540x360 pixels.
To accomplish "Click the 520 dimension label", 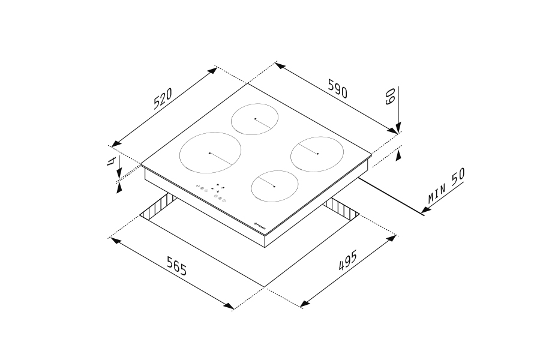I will [163, 98].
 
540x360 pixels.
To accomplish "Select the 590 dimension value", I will [337, 89].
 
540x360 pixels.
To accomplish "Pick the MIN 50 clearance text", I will [447, 186].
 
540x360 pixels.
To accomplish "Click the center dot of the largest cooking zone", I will [209, 154].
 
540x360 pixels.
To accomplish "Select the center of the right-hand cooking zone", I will [316, 154].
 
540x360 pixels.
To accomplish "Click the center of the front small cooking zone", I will [274, 187].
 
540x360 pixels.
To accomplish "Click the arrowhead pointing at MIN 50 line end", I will [425, 210].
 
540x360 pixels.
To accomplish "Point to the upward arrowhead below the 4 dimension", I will [119, 188].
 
